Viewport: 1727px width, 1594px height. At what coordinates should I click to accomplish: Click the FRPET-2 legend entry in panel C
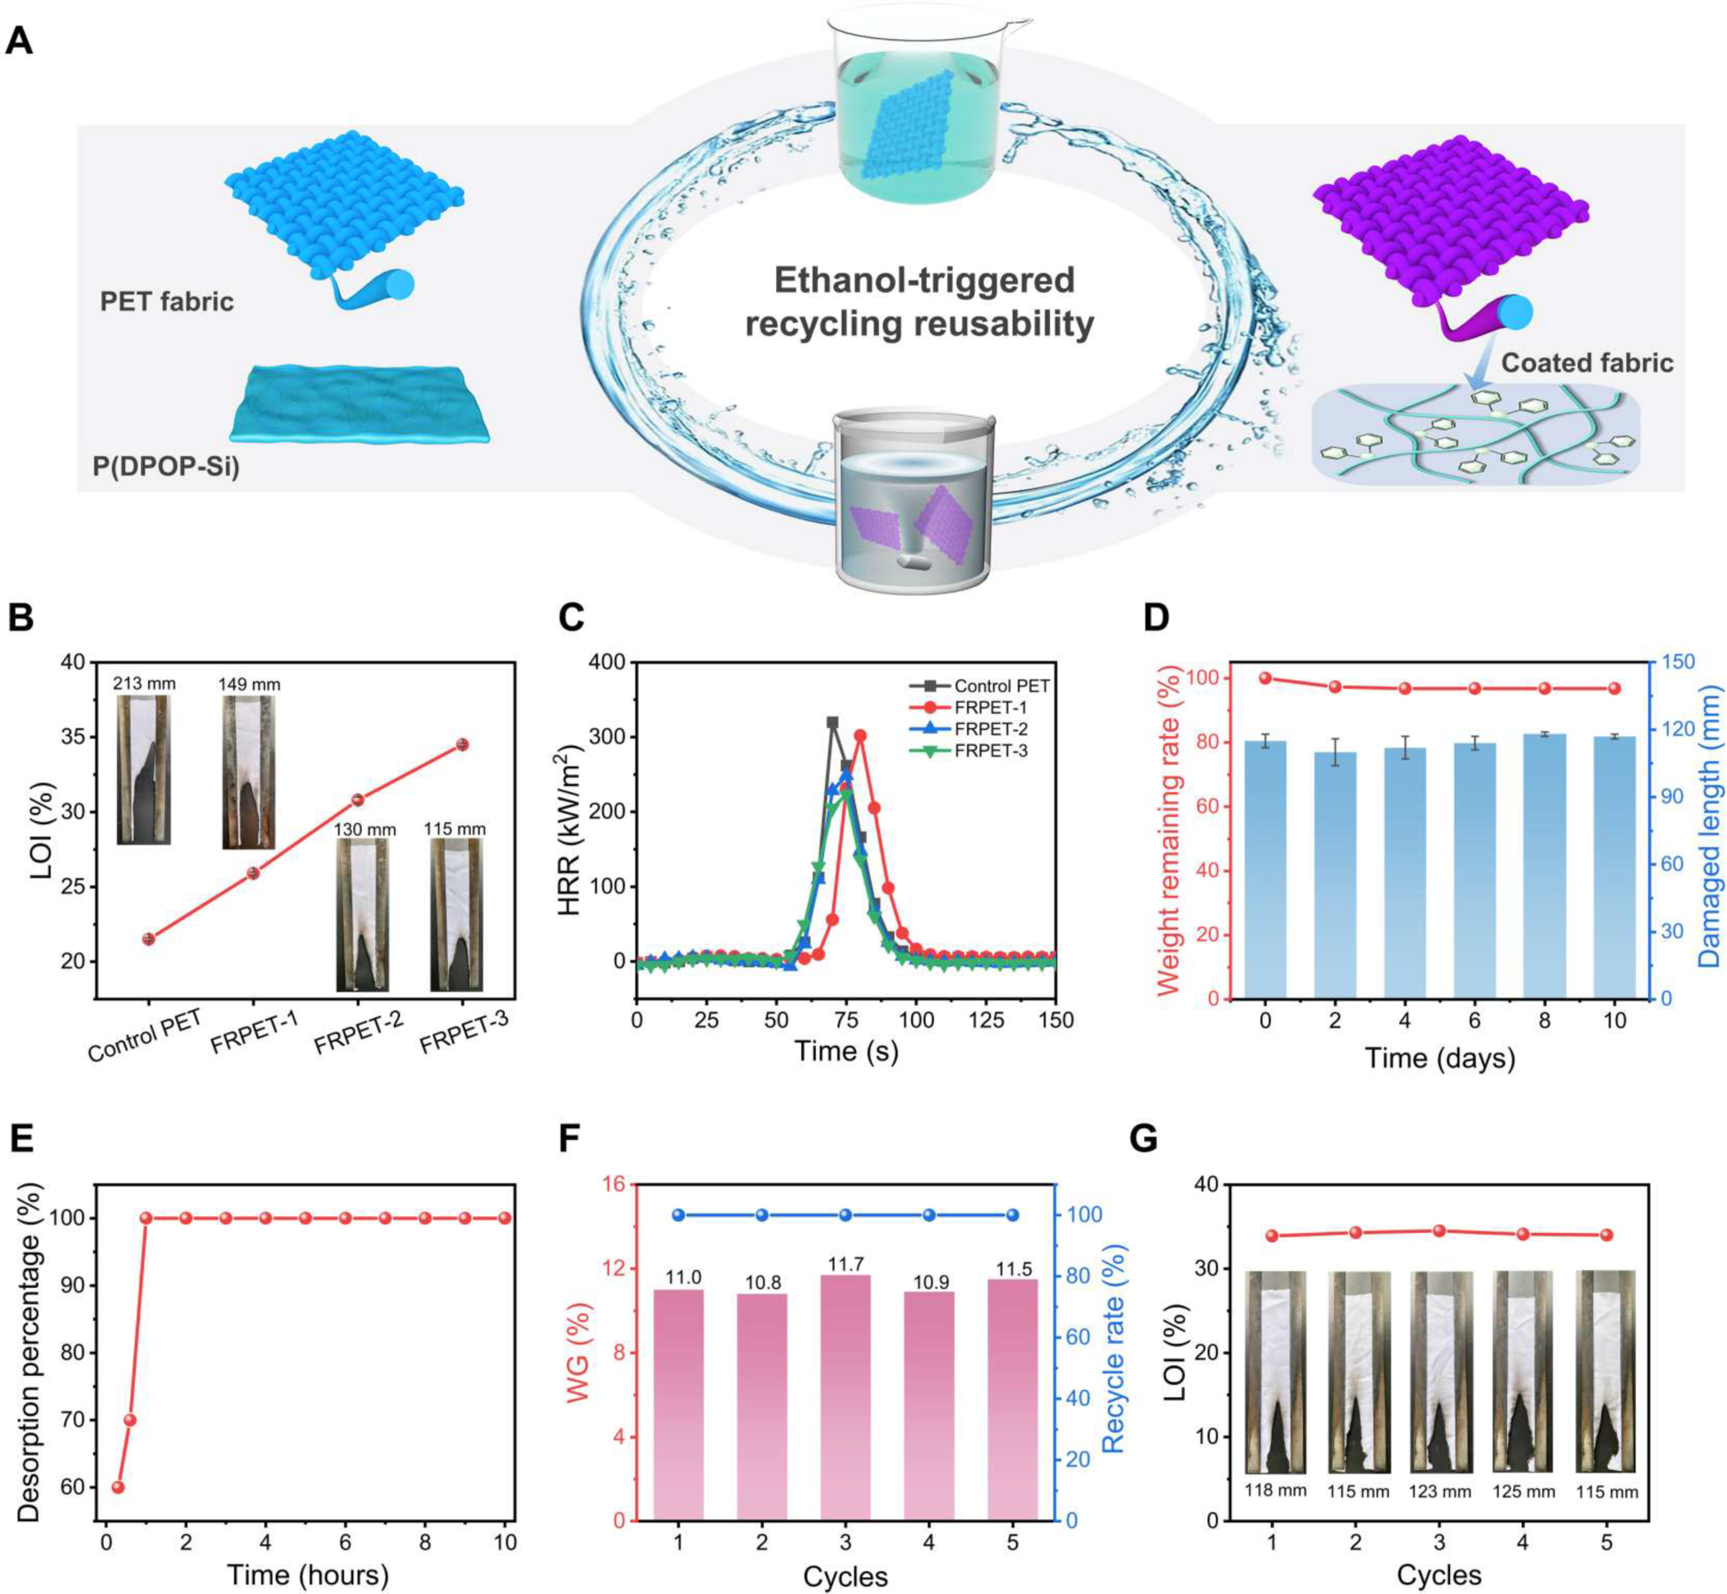990,729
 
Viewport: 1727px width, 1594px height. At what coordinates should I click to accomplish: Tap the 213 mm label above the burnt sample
144,683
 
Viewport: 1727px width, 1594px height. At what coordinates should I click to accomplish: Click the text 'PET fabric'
167,302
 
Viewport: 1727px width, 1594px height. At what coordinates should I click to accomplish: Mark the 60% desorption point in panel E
117,1487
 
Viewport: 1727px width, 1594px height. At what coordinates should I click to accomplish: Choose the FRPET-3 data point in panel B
461,744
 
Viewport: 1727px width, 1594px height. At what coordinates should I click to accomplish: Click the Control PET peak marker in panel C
832,723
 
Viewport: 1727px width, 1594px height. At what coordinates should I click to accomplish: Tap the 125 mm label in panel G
1523,1492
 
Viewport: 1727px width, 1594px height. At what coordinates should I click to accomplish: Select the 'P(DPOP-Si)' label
166,466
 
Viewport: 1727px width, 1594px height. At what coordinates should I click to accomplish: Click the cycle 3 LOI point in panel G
1439,1230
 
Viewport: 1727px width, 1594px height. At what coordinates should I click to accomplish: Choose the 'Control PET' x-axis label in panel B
145,1035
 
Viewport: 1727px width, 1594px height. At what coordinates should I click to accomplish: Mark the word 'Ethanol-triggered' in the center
924,280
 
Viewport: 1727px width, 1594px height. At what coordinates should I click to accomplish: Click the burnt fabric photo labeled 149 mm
248,772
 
